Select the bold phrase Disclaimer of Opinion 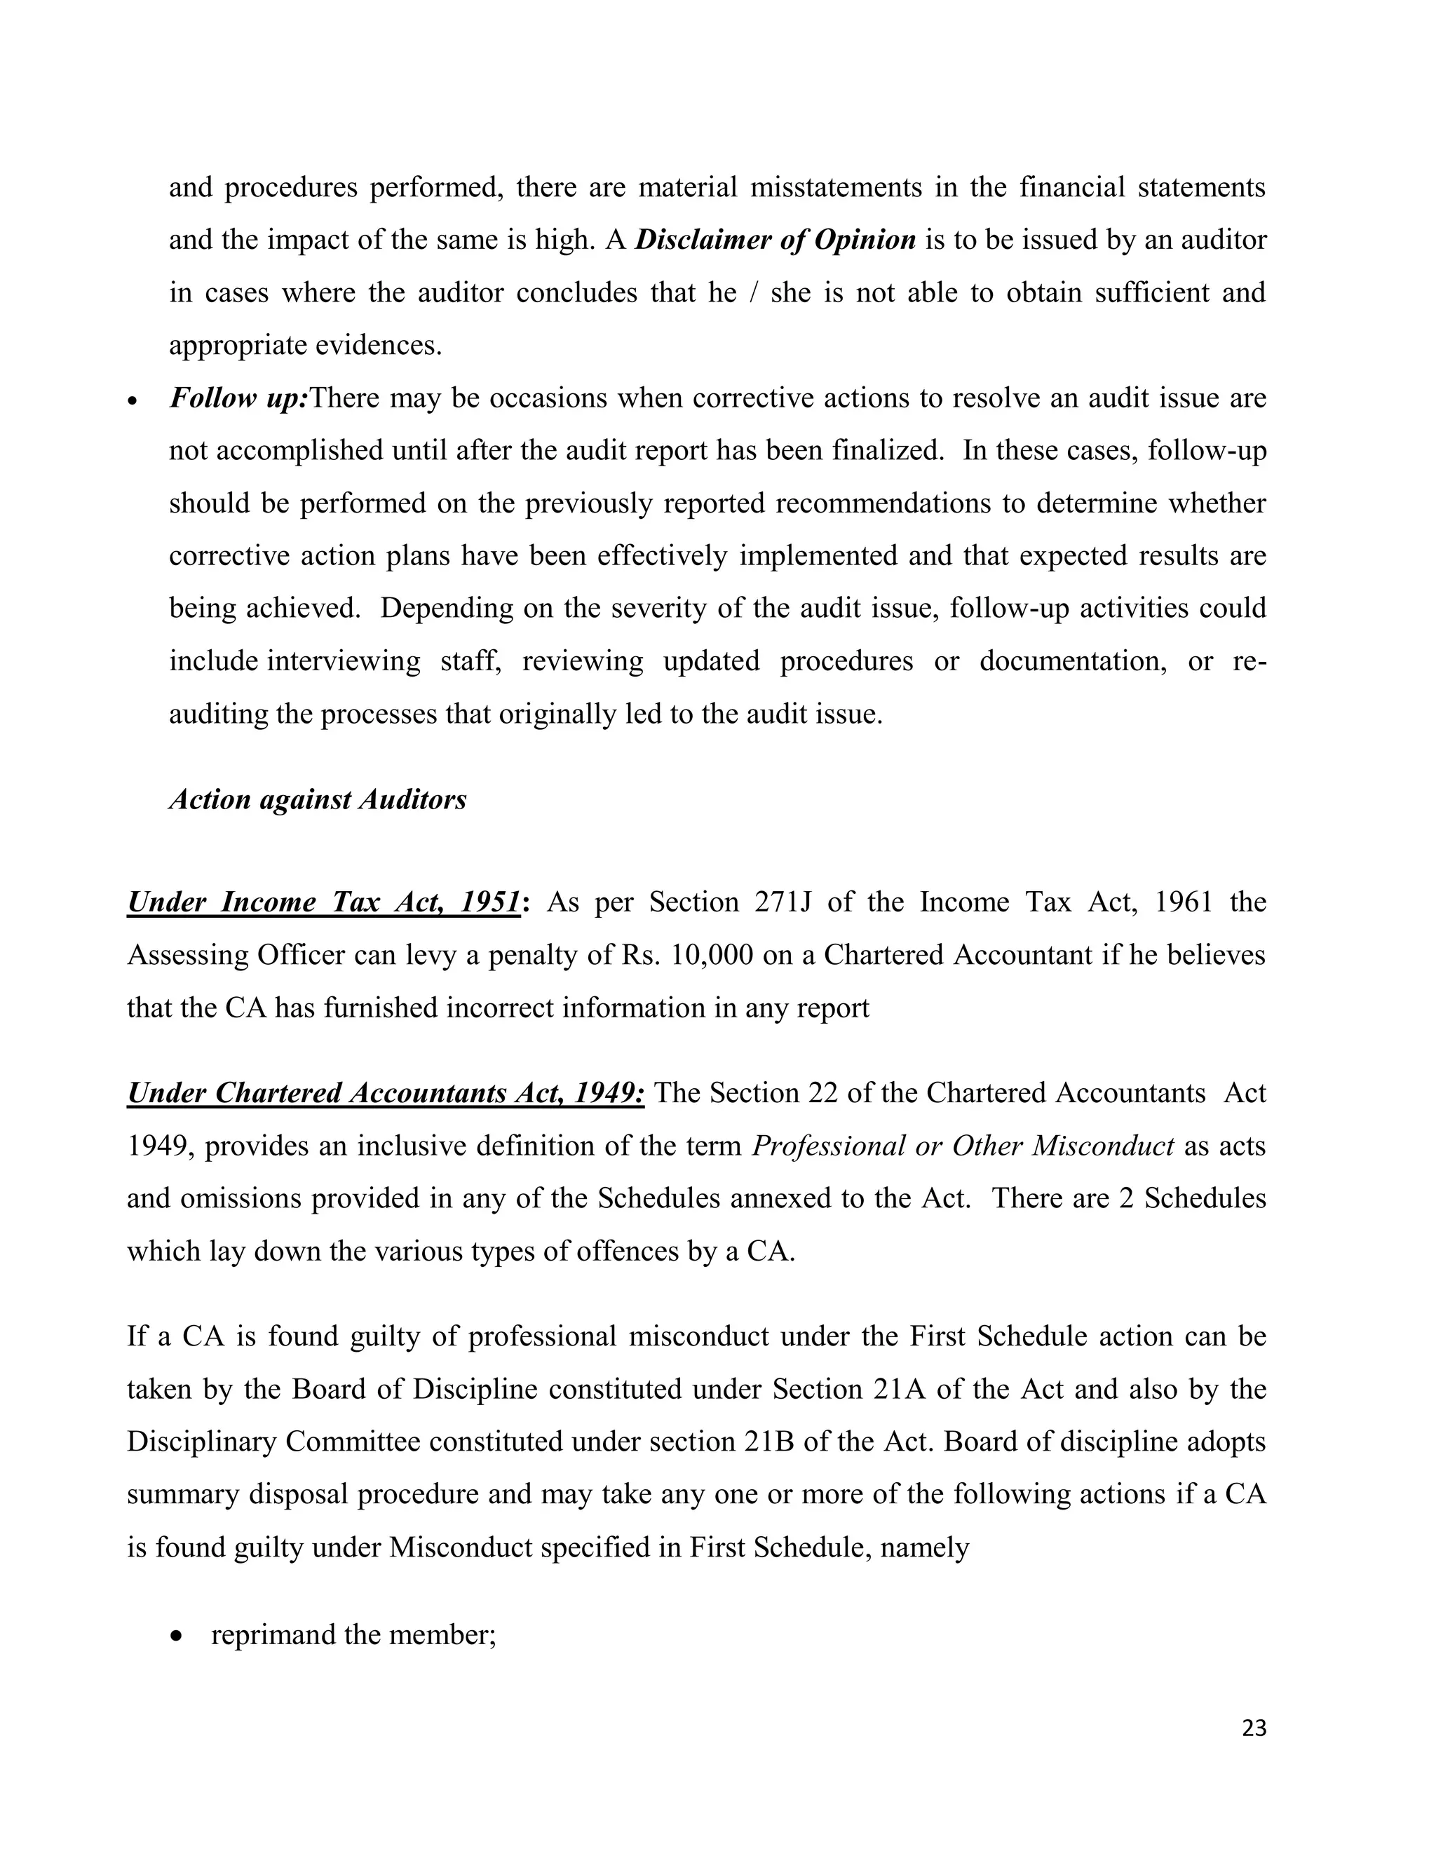click(775, 240)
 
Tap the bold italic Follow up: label click(238, 398)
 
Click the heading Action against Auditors click(318, 800)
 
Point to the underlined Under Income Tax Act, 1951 click(323, 902)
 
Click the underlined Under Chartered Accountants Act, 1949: click(386, 1093)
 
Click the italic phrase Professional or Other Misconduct click(963, 1146)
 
